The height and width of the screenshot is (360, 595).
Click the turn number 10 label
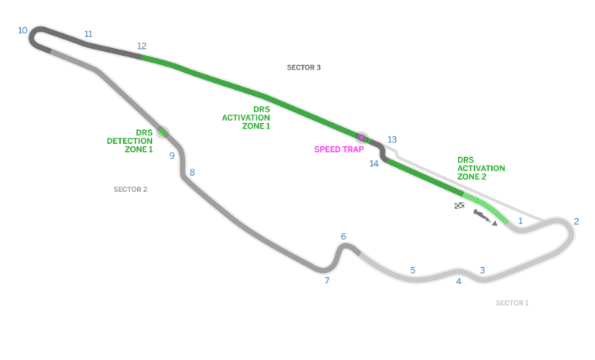(x=22, y=30)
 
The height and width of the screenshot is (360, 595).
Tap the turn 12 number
(x=142, y=46)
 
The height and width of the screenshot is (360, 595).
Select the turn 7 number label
(x=327, y=280)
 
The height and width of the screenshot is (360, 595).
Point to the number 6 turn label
(x=343, y=236)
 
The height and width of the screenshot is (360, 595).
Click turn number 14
(x=374, y=163)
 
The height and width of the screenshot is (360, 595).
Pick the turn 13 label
(x=392, y=139)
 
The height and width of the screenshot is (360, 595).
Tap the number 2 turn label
(x=576, y=221)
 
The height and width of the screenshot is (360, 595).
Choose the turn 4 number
(x=459, y=281)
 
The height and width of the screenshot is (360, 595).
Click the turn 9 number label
(x=172, y=156)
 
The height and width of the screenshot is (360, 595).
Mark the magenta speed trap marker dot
(x=362, y=138)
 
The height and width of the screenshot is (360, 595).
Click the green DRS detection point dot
(x=163, y=132)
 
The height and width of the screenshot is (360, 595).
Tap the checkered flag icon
(x=459, y=206)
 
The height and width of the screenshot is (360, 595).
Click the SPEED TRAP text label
(x=339, y=149)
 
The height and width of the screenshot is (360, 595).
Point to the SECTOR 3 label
(x=304, y=67)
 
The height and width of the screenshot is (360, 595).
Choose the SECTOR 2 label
(x=130, y=190)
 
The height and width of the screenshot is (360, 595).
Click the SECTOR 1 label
(x=512, y=303)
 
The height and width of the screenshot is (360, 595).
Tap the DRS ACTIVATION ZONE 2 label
(x=481, y=169)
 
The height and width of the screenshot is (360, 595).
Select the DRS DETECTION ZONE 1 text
(x=129, y=141)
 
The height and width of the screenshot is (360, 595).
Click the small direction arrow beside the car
(x=494, y=224)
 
